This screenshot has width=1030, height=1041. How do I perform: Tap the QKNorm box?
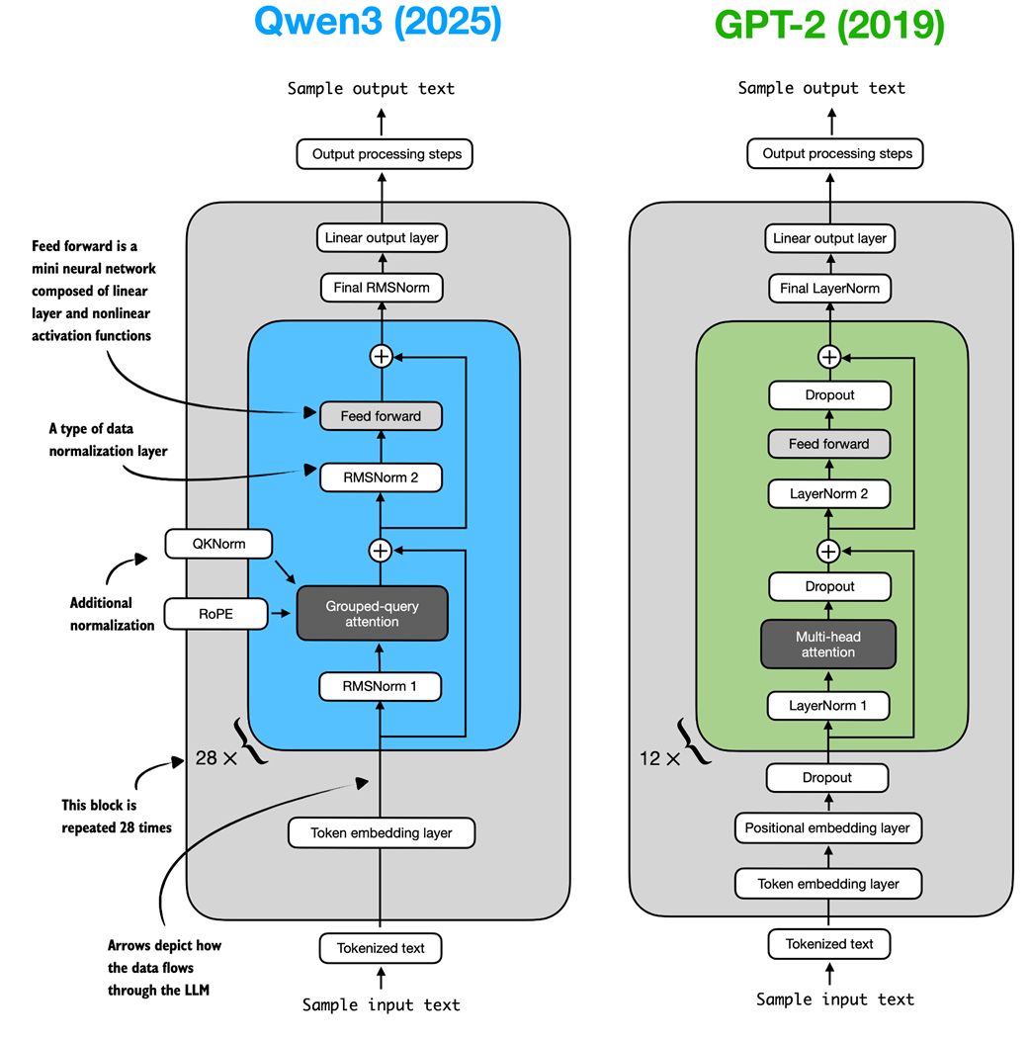(218, 543)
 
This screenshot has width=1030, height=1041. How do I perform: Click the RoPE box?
(215, 614)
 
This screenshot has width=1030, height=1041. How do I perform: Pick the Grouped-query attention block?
(373, 613)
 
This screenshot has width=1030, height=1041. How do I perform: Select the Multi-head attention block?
(828, 644)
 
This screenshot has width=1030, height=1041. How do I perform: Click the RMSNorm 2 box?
(381, 477)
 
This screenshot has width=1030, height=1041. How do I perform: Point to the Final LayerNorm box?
(829, 289)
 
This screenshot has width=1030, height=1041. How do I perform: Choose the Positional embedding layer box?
(827, 827)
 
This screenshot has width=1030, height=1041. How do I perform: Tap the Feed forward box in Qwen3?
(381, 416)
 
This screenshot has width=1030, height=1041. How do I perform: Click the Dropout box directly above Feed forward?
(829, 394)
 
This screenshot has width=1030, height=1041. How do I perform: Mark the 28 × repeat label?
(215, 759)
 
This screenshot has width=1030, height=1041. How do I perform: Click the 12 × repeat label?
(659, 758)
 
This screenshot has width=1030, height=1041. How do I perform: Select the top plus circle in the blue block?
(381, 357)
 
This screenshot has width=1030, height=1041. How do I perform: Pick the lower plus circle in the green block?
(829, 550)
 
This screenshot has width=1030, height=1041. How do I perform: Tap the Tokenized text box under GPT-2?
(829, 944)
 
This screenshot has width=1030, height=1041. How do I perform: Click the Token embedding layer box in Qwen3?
(381, 832)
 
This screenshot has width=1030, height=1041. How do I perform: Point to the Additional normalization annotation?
(112, 614)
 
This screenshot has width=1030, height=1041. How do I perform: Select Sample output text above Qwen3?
(372, 89)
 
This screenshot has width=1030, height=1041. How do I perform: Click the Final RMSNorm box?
(381, 288)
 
